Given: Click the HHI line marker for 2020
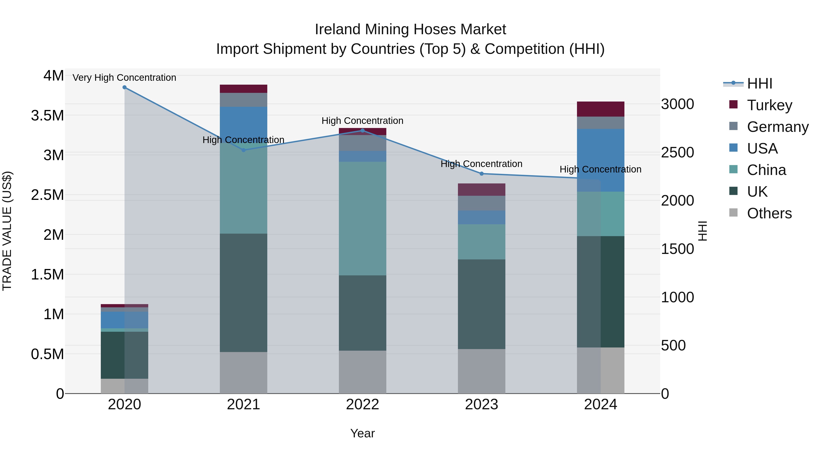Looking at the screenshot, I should [125, 87].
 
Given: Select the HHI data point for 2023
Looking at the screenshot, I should [482, 174].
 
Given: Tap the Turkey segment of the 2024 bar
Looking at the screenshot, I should [600, 109].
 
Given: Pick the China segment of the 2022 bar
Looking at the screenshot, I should [362, 218].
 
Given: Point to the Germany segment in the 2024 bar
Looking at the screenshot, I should [600, 123].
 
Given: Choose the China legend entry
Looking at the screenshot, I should [766, 170].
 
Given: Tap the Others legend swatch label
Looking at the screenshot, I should [769, 213].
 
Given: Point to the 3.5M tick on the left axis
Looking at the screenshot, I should [47, 115].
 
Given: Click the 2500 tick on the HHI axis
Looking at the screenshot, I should [677, 152].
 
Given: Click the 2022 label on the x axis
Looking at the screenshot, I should [362, 405].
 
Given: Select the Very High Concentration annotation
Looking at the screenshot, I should [124, 78].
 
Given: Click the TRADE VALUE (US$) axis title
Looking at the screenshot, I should [7, 231].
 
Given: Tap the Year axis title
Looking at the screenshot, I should [362, 433].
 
